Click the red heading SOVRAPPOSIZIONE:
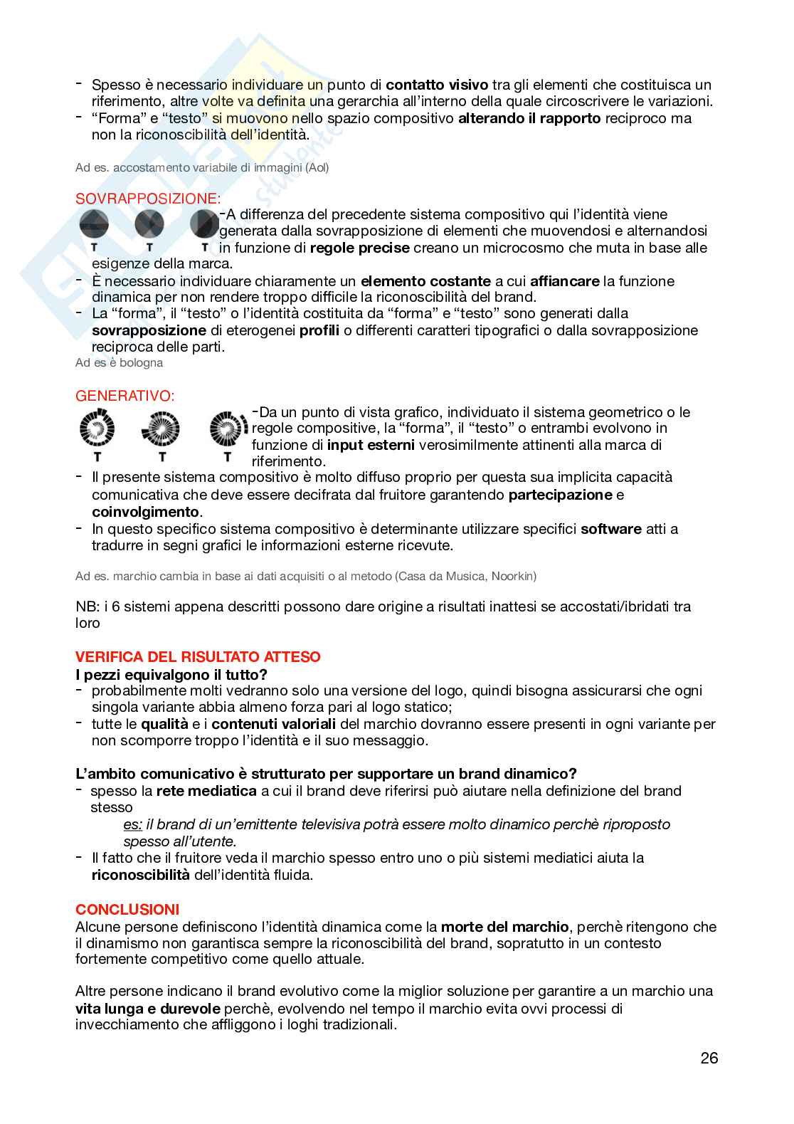148,199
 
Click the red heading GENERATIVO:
125,396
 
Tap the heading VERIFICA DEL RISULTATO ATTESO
198,657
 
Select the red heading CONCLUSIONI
127,910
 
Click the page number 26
709,1058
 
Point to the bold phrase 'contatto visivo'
437,85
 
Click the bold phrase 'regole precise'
359,248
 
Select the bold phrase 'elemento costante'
425,281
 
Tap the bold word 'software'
611,529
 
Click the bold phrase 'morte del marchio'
504,927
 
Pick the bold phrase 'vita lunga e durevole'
148,1008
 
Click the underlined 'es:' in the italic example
133,824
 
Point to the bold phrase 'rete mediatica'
206,791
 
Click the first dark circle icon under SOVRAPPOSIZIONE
93,224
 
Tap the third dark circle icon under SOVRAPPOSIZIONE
204,224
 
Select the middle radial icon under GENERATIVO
161,429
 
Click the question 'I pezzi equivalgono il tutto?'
171,674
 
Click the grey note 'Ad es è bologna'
119,363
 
